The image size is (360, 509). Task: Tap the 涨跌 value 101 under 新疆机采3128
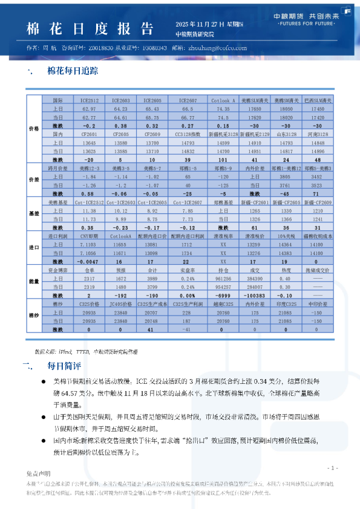223,159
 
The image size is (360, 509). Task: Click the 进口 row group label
33,247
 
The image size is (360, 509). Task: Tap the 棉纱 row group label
33,316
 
